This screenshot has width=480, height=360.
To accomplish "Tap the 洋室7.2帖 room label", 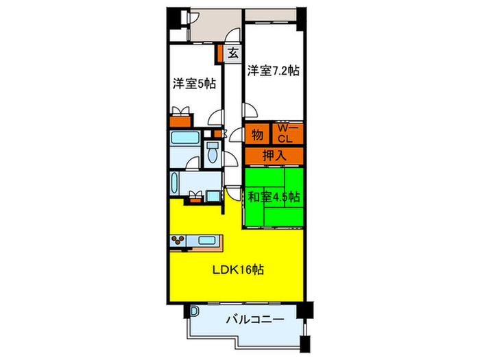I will coord(273,69).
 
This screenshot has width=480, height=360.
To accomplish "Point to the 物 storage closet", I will coord(258,134).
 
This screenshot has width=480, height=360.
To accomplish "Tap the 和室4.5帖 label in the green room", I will coord(274,196).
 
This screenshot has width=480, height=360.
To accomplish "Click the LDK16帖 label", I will coord(236,269).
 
